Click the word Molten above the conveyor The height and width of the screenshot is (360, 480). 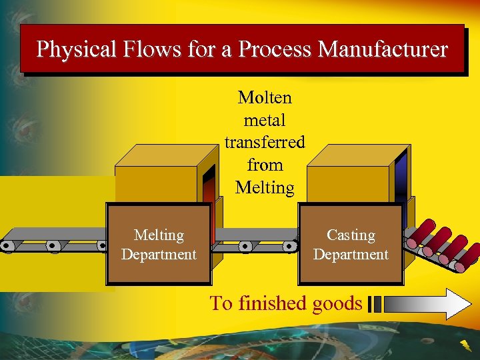coord(265,97)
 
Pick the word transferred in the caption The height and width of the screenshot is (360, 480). coord(265,142)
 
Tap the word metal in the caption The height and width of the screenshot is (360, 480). coord(265,120)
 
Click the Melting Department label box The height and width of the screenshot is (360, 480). coord(159,245)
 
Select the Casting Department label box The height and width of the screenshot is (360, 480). coord(351,245)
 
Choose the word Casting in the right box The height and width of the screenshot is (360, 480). coord(351,235)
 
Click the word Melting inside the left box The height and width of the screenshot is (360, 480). coord(159,235)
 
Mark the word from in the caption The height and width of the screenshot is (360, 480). coord(265,165)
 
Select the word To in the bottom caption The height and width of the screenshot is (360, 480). coord(221,303)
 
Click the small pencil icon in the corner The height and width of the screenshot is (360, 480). coord(465,345)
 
